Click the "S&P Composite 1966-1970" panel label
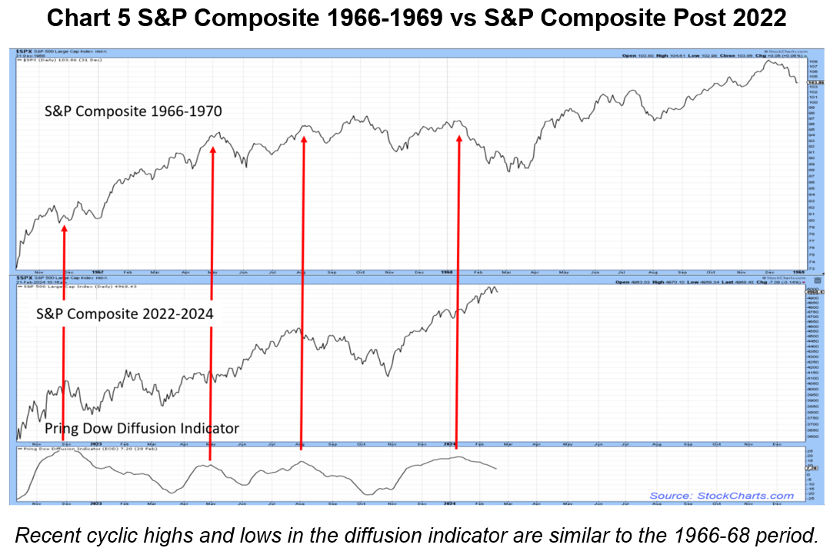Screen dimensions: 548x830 tap(132, 111)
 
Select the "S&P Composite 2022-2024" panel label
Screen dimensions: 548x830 tap(125, 314)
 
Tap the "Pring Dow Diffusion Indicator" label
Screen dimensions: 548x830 tap(142, 428)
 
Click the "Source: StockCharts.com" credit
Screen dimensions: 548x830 tap(722, 496)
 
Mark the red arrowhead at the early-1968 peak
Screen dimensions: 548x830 tap(459, 139)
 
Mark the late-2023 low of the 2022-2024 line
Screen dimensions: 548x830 tap(388, 375)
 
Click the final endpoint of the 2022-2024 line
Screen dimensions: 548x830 tap(498, 291)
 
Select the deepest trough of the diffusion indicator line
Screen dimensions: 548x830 tap(371, 494)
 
